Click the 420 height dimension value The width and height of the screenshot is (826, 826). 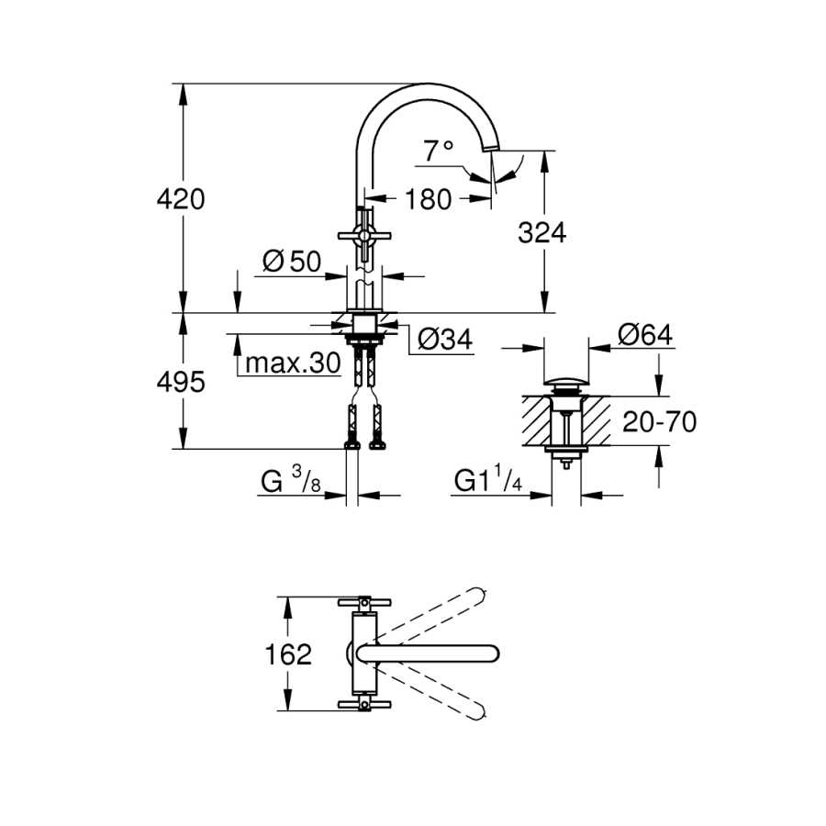click(x=181, y=199)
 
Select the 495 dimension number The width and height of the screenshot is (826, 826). click(x=181, y=382)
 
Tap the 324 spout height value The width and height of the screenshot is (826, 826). click(x=542, y=233)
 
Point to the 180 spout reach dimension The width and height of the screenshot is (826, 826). click(x=429, y=199)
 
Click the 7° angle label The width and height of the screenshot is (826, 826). click(x=439, y=151)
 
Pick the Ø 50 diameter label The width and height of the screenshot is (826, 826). click(x=292, y=262)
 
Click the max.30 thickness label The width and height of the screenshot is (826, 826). click(x=293, y=363)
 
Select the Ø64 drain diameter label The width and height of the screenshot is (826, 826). click(x=645, y=334)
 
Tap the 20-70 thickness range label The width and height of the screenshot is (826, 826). click(x=660, y=421)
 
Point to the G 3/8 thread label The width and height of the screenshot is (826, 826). click(x=290, y=480)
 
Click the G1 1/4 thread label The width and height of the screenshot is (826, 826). click(x=488, y=480)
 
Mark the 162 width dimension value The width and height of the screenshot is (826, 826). click(x=288, y=654)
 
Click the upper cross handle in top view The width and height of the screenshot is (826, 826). click(x=364, y=601)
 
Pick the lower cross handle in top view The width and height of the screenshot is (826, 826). click(x=364, y=705)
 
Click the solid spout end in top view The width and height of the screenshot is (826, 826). click(x=490, y=653)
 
